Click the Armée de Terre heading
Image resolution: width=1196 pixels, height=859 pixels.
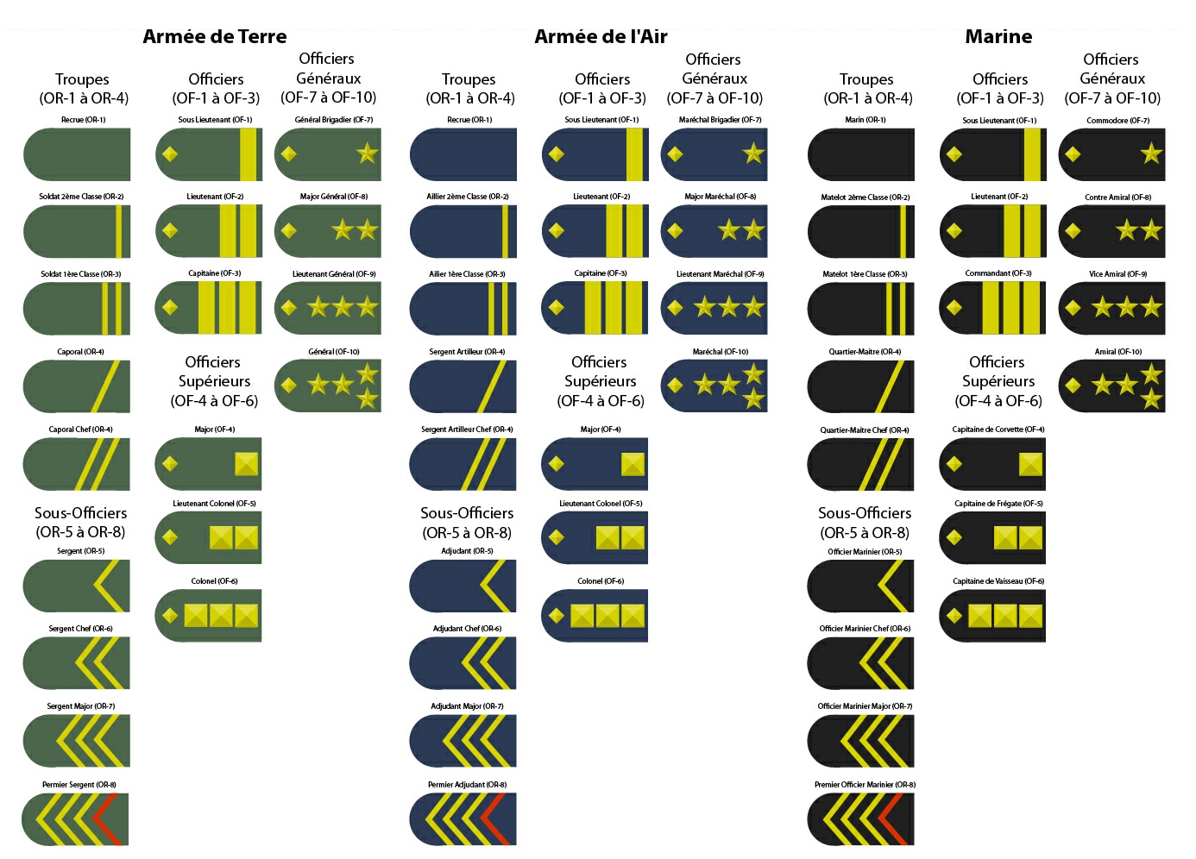click(x=214, y=36)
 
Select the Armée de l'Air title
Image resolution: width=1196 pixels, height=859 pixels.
click(x=601, y=36)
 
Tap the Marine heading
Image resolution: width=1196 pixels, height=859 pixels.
click(x=998, y=36)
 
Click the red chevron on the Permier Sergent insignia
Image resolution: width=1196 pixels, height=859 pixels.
click(x=107, y=818)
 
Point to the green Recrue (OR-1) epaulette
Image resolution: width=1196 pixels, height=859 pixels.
click(x=77, y=154)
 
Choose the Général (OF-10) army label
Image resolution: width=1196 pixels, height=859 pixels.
click(x=334, y=352)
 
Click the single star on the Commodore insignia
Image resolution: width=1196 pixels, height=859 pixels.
click(x=1151, y=154)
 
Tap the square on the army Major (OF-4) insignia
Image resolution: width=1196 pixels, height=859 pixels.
click(x=247, y=464)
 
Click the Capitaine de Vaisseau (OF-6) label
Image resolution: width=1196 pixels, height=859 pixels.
click(x=998, y=581)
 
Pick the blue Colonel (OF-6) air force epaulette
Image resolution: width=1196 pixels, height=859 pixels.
click(x=595, y=616)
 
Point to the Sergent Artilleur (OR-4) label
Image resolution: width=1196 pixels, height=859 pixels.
click(x=467, y=352)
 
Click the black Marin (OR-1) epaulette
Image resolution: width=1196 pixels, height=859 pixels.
click(x=861, y=154)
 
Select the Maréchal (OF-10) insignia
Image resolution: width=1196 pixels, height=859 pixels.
click(x=714, y=386)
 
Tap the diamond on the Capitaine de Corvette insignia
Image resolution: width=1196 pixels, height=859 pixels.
click(x=954, y=464)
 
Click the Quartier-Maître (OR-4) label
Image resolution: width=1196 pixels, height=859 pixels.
click(x=865, y=352)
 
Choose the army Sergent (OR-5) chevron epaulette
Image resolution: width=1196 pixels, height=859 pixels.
click(x=77, y=586)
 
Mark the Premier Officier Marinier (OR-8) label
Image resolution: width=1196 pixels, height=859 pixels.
click(x=865, y=785)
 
